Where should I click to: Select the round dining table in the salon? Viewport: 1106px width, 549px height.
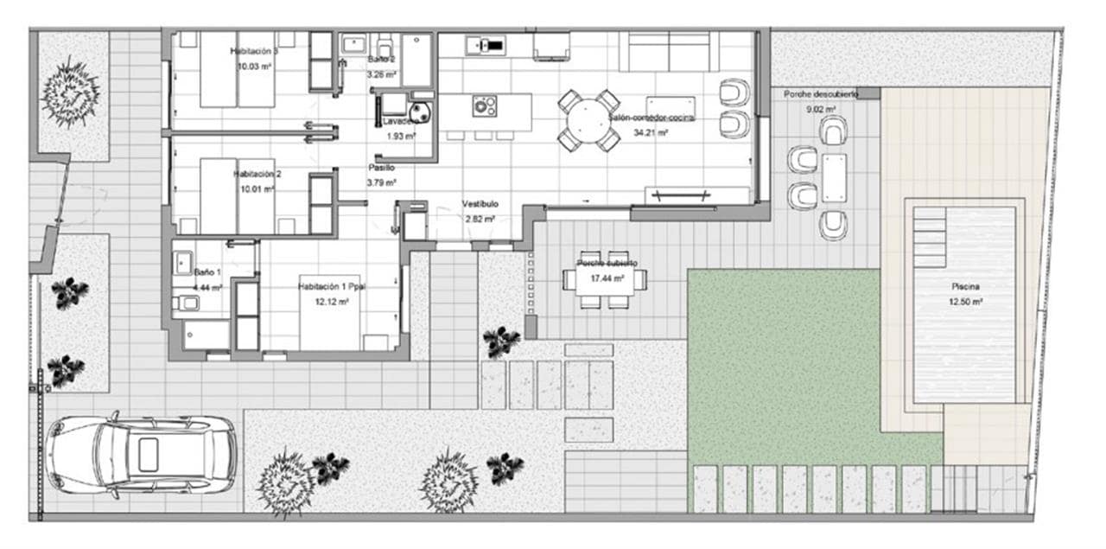588,120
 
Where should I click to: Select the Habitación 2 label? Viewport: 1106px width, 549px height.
257,174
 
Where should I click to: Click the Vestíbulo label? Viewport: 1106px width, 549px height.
480,204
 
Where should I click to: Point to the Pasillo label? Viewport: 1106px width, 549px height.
381,168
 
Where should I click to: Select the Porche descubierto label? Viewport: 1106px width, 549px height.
820,93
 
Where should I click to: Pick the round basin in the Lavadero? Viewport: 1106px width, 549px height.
421,113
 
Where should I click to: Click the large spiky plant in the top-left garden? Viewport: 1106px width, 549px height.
71,91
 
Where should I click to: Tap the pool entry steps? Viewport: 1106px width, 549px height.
930,237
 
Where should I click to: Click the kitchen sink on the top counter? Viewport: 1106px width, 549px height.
486,45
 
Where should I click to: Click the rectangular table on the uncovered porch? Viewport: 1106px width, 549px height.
834,177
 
